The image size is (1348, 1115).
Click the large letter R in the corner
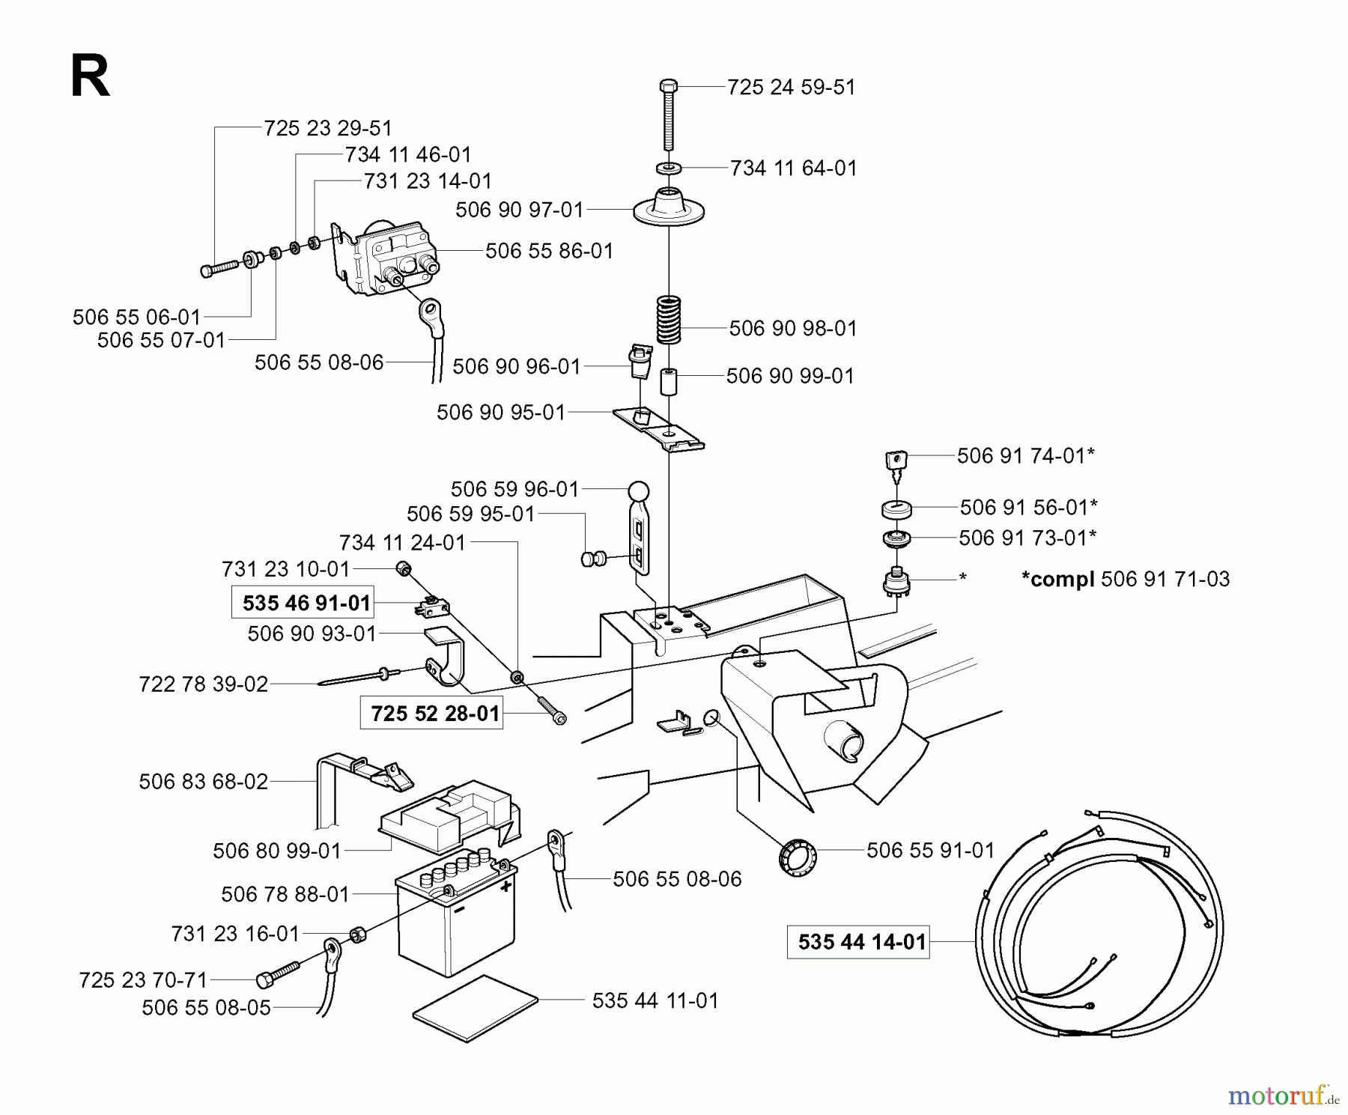[x=89, y=78]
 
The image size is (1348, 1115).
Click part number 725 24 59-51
[x=791, y=87]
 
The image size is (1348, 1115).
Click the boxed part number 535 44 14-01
[x=861, y=941]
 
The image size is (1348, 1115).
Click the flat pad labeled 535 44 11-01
[x=476, y=999]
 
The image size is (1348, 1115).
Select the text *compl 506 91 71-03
[x=1125, y=579]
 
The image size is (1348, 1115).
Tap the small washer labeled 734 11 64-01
[x=669, y=167]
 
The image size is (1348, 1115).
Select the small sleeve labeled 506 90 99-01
[x=668, y=380]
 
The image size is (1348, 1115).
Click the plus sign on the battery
[x=506, y=887]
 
